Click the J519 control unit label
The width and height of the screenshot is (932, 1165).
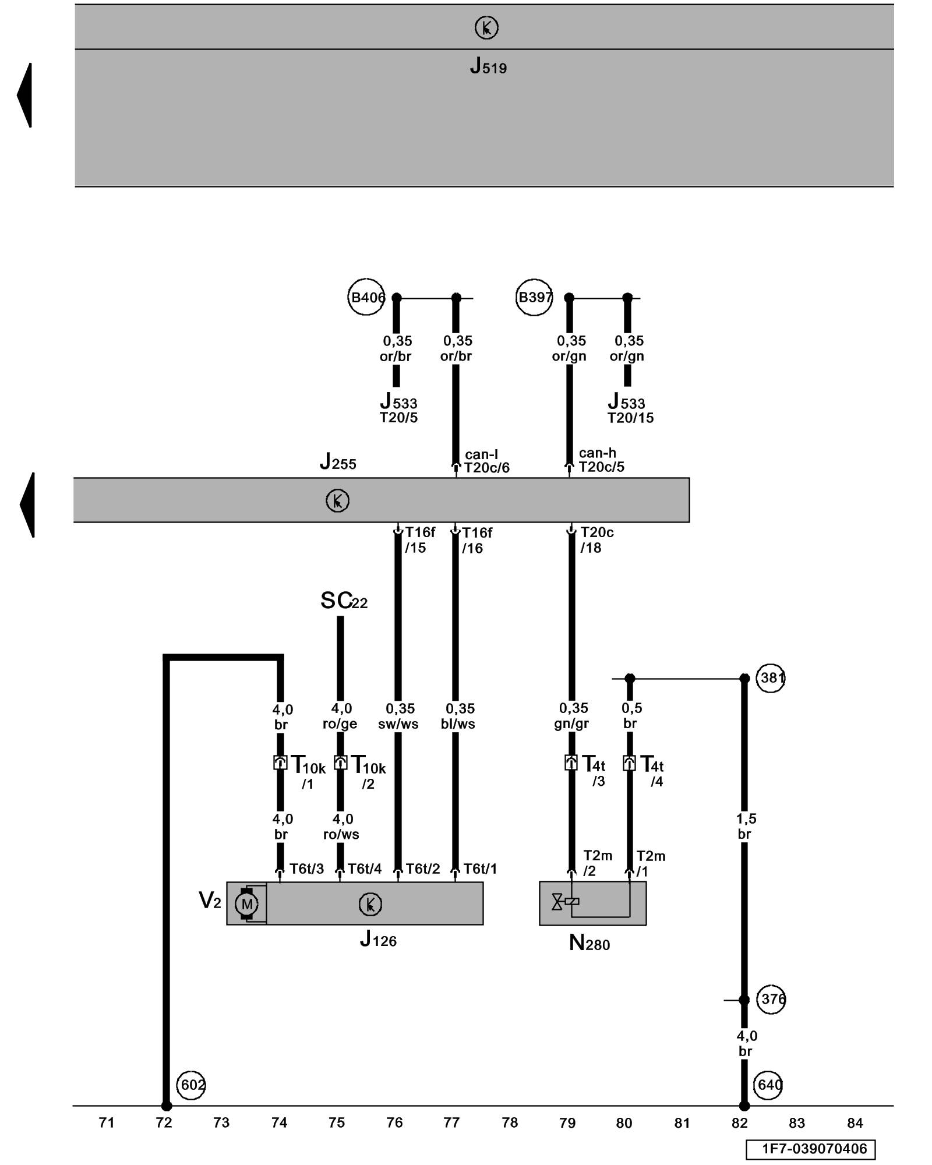[488, 66]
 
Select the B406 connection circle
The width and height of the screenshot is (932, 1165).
[366, 298]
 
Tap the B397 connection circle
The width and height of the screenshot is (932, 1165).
[534, 298]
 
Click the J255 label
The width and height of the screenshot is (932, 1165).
[338, 462]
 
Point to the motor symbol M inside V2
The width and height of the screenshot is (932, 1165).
[246, 904]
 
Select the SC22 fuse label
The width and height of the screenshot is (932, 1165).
[344, 601]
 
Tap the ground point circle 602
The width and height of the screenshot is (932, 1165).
[191, 1085]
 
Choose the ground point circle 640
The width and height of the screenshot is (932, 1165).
[769, 1085]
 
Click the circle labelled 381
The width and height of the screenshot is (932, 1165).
[771, 678]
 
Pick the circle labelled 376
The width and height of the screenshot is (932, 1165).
[771, 999]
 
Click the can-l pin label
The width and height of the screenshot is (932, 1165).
[481, 454]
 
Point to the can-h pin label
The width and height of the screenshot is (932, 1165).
[597, 453]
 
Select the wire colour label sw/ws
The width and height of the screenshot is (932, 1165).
[398, 724]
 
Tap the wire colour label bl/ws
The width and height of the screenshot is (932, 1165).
[458, 724]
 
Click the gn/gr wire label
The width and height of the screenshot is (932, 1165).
[571, 723]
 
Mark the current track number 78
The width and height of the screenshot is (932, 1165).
[510, 1123]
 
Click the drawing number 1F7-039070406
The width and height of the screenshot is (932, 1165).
[814, 1149]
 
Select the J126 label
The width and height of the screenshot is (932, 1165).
[378, 939]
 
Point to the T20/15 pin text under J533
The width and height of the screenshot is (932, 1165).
[630, 418]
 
